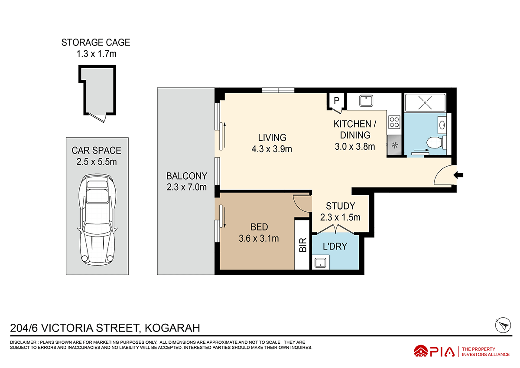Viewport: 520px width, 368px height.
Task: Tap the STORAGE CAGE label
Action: (96, 43)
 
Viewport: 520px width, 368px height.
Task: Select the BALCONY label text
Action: (187, 176)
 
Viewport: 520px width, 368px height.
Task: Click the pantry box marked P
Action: (336, 101)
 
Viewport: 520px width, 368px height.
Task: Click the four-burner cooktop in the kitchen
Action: (394, 122)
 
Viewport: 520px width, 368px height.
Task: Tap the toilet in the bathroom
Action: (435, 142)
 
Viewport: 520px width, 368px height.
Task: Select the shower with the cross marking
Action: (425, 103)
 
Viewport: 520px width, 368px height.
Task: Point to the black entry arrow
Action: (458, 175)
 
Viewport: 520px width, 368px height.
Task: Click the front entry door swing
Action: (443, 176)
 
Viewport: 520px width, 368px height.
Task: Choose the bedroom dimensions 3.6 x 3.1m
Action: (259, 238)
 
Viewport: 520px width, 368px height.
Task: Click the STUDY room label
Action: (340, 206)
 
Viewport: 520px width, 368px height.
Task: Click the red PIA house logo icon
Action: (421, 351)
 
